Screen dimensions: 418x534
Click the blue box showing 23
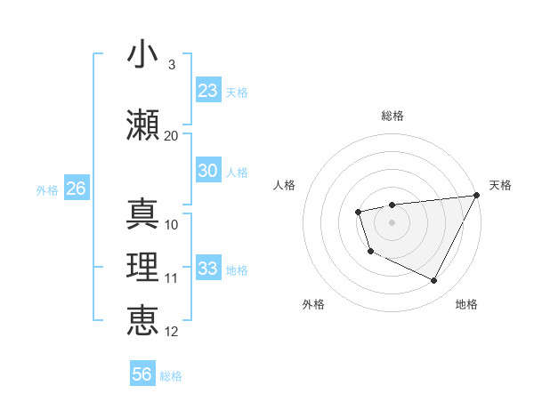[x=208, y=91]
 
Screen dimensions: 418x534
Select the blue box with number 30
[x=208, y=172]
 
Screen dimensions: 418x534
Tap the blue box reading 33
[x=208, y=269]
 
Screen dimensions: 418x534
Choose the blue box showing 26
[x=76, y=189]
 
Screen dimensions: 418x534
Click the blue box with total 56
[x=142, y=374]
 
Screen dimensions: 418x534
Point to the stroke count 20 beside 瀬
[x=171, y=136]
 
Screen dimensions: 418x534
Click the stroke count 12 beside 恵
[x=172, y=332]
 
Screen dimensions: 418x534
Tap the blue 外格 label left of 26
[x=47, y=189]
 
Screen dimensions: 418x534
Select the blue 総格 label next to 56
[x=171, y=376]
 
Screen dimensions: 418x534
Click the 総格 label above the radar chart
[x=392, y=116]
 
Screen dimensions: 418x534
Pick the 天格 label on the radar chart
[x=500, y=185]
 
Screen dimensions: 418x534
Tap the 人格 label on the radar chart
[x=284, y=185]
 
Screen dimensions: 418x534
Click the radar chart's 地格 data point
[x=434, y=281]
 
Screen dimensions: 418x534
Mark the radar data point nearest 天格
[x=478, y=195]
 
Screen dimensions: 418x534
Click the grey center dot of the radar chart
[x=392, y=221]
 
